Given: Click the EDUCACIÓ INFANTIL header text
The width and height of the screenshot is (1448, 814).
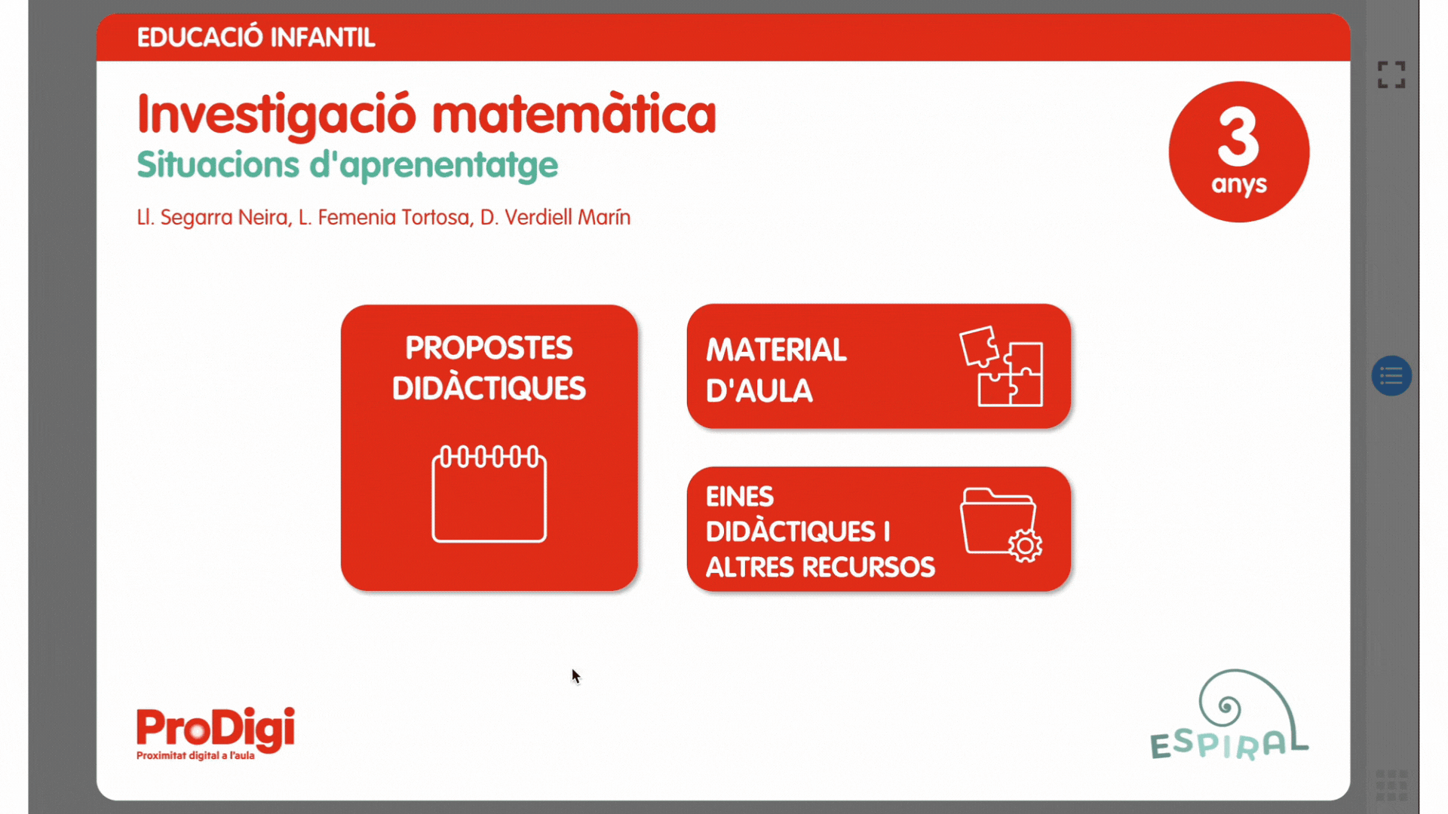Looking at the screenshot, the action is coord(256,37).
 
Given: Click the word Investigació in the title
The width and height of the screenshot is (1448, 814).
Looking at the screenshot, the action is coord(277,115).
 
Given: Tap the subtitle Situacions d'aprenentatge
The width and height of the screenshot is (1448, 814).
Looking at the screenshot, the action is coord(347,166).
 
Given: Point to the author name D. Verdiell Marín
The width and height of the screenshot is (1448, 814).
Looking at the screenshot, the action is coord(555,217).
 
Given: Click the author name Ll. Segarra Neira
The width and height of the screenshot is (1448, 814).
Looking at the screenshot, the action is coord(212,218).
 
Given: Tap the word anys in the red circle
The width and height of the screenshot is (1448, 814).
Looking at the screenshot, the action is coord(1239,185).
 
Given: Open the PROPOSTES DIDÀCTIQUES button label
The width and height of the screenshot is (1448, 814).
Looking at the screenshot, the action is coord(489,368).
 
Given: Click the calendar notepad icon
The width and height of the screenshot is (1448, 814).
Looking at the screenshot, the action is coord(489,494).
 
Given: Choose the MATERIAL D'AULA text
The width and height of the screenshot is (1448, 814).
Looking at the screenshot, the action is coord(776,370).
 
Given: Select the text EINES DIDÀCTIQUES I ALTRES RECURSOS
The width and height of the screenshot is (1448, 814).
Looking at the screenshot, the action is coord(820,531).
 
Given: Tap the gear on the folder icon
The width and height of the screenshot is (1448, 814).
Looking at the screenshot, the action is coord(1025,546).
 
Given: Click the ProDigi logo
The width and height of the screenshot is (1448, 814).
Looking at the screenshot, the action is coord(216,728).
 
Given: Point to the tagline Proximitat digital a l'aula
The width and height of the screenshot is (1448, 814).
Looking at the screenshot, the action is coord(195,756).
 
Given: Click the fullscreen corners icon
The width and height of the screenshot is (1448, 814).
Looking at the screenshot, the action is coord(1391,75).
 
